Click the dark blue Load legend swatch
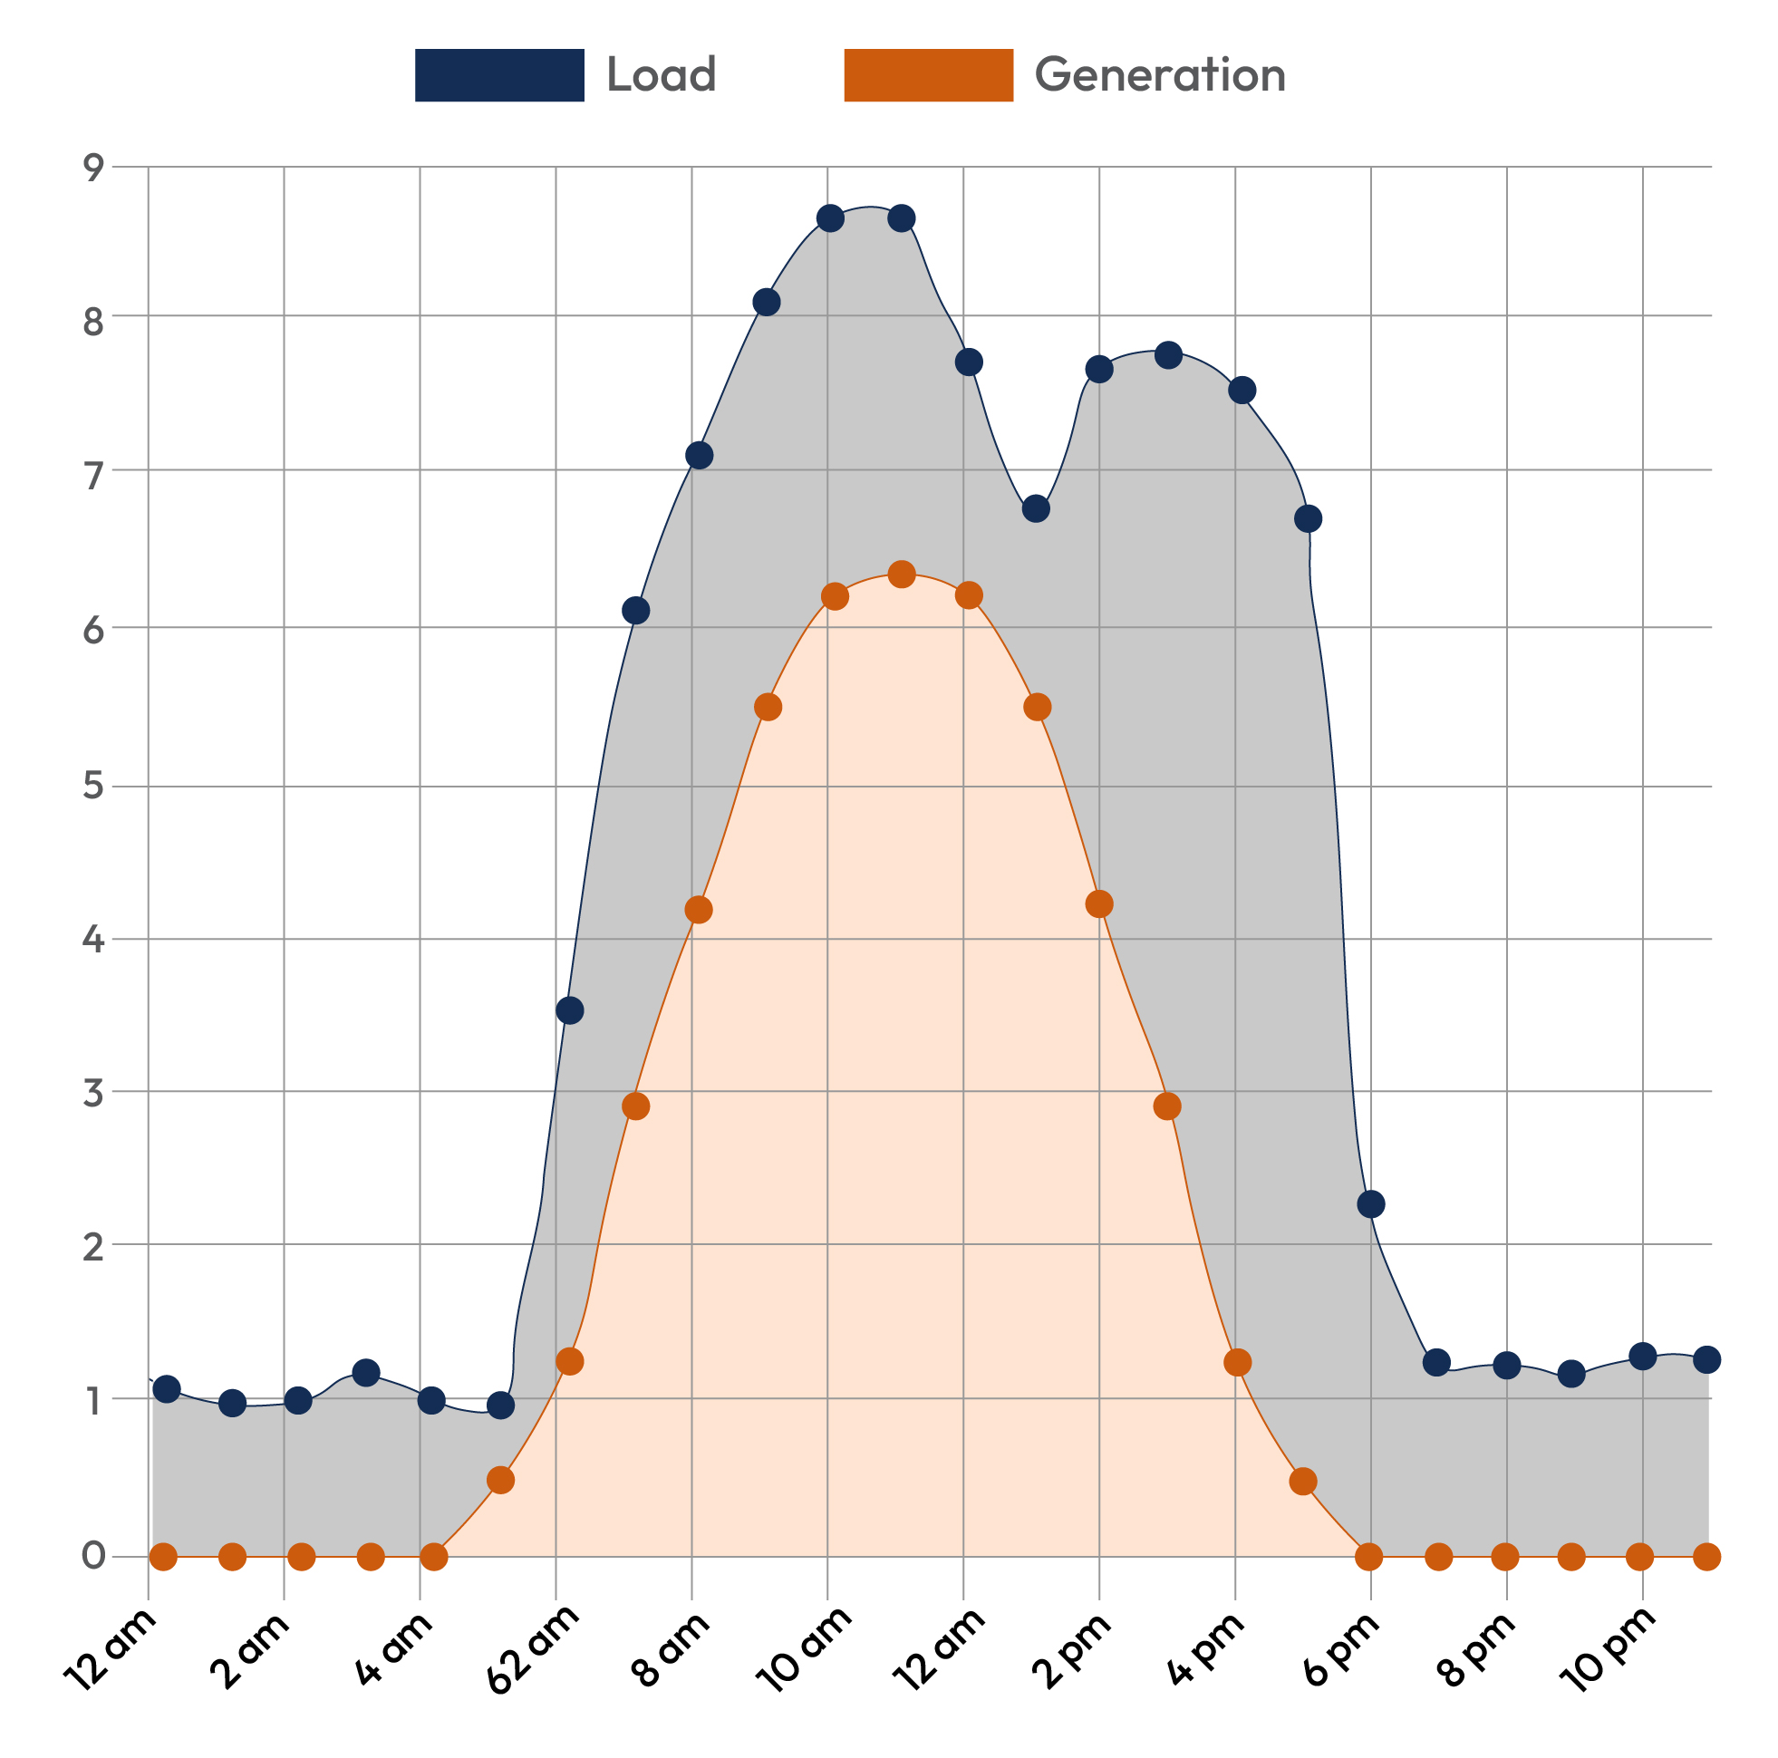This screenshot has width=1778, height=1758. point(498,74)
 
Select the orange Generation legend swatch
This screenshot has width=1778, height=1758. point(928,74)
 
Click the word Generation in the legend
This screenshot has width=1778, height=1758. point(1160,74)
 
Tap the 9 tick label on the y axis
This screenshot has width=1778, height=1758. point(94,168)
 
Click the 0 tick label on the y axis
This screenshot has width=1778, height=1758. point(94,1557)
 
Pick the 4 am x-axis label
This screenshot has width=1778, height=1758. point(396,1647)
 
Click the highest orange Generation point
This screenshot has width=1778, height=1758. point(902,575)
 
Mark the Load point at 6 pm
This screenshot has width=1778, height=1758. point(1370,1204)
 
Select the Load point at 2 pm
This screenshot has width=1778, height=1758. point(1099,369)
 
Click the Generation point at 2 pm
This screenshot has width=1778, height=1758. point(1099,903)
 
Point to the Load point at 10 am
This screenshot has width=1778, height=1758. point(830,218)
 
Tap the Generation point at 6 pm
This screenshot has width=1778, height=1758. point(1368,1557)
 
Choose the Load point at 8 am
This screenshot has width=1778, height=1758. point(700,455)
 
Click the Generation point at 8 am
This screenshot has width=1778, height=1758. point(699,910)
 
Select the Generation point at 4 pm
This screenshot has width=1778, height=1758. point(1237,1361)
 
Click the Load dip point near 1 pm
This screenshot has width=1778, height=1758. point(1035,508)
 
